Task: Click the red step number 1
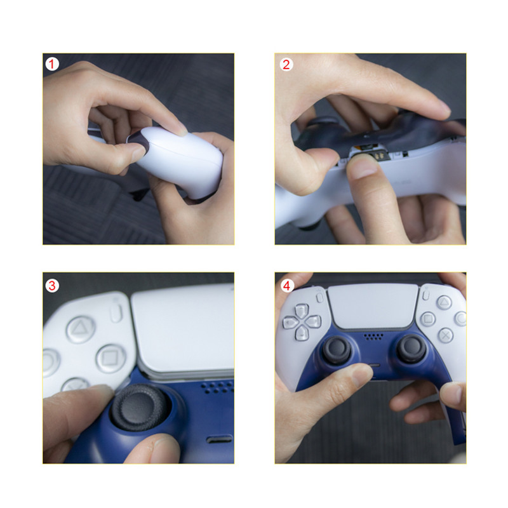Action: tap(52, 64)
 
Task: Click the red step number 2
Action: tap(286, 64)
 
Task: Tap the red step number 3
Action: tap(52, 285)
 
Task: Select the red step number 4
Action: tap(286, 285)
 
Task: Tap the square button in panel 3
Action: tap(110, 358)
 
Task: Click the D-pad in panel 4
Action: tap(302, 320)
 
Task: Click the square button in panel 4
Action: tap(429, 319)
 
